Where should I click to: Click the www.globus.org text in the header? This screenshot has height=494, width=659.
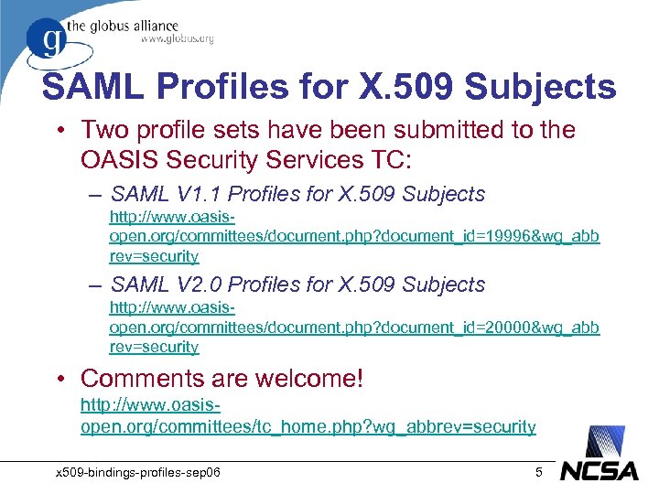click(177, 38)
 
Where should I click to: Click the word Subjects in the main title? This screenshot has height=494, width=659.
click(540, 87)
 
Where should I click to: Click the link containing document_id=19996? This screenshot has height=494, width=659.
click(354, 237)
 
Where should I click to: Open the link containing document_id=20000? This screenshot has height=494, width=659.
click(354, 328)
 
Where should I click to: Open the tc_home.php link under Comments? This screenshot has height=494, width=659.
click(308, 426)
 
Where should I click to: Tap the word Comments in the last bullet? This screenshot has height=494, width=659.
click(141, 378)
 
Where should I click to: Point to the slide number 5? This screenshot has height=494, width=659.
click(539, 472)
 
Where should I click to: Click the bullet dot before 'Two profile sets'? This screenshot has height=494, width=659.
click(60, 131)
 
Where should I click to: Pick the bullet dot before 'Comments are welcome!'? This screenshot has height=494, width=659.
click(60, 379)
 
